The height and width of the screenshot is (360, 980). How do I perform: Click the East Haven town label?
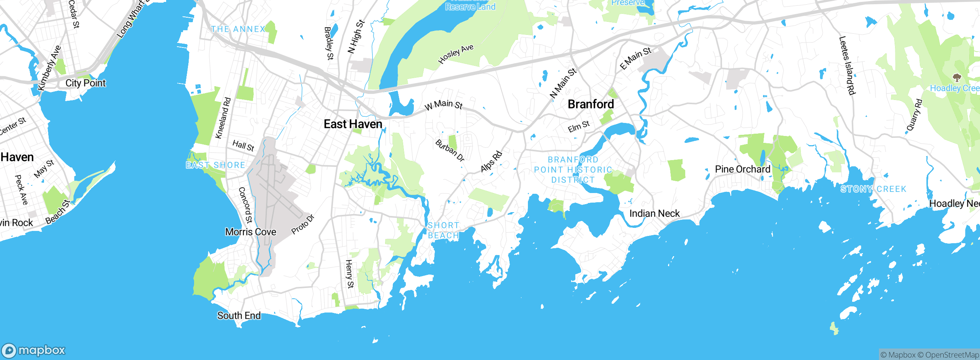(x=353, y=124)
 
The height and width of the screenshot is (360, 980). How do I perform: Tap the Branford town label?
(x=591, y=104)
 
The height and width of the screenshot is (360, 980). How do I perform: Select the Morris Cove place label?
(x=250, y=232)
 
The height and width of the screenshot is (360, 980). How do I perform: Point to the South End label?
(x=239, y=316)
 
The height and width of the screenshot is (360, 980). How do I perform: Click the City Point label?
(x=85, y=83)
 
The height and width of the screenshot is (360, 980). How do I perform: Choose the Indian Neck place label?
(x=654, y=213)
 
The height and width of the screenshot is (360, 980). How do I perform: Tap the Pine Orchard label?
(x=742, y=169)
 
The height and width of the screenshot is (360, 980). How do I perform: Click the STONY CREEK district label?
(x=873, y=189)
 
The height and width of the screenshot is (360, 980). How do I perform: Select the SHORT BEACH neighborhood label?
(x=443, y=230)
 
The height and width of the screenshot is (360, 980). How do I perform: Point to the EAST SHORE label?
(x=216, y=165)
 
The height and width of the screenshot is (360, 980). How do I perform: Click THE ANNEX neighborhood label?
(x=238, y=29)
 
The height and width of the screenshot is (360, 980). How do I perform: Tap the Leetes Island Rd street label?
(x=847, y=65)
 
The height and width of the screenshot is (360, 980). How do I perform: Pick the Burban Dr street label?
(x=450, y=150)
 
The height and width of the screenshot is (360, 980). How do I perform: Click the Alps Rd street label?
(x=491, y=161)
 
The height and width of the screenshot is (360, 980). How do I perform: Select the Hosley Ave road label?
(x=456, y=54)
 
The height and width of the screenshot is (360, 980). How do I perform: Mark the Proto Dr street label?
(x=302, y=224)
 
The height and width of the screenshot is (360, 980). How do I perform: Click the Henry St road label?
(x=350, y=273)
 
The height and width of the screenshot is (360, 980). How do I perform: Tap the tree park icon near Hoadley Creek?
(x=957, y=78)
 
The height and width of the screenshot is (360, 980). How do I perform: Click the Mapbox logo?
(x=34, y=350)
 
